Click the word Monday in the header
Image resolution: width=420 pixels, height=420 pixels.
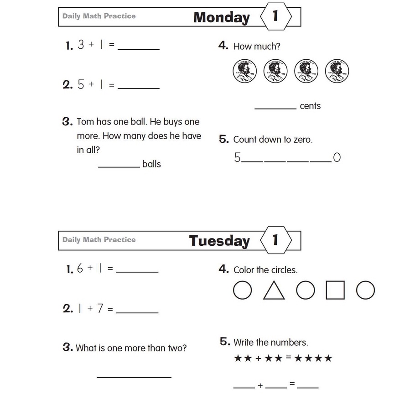coord(221,17)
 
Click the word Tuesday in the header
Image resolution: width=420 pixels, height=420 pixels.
coord(219,241)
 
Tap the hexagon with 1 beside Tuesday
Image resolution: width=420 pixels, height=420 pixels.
coord(275,240)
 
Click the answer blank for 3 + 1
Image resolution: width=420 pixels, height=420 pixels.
coord(139,47)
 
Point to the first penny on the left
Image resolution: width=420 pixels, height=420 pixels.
coord(245,71)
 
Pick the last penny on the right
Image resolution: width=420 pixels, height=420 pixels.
coord(337,71)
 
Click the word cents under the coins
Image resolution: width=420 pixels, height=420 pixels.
coord(310,106)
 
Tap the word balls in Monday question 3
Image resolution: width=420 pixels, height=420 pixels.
coord(151,164)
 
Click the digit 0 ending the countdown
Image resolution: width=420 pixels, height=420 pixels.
coord(337,158)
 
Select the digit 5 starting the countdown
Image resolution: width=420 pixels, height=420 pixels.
coord(237,158)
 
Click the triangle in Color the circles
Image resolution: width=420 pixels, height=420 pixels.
coord(274,290)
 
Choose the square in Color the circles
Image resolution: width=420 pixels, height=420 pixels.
coord(335,290)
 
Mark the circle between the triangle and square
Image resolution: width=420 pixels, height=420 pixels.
coord(306,290)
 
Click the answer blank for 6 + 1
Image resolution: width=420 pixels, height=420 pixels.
coord(137,271)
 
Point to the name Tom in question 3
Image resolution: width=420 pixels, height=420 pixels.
coord(85,122)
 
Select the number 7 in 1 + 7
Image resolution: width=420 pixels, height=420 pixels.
coord(100,309)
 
